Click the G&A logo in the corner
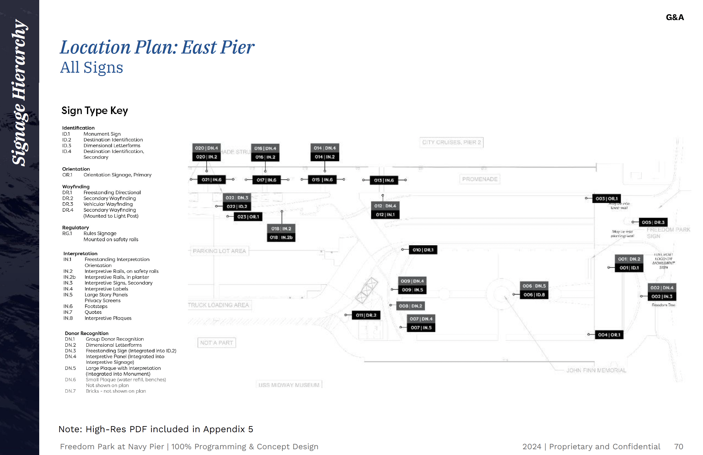coord(675,17)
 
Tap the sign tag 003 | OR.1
coord(606,199)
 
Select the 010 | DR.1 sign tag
coord(423,250)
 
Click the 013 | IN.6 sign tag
coord(384,180)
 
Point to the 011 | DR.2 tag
coord(366,315)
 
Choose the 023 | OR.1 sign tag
coord(248,217)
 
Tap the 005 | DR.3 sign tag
coord(653,222)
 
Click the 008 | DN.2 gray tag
coord(410,306)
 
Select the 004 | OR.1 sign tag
coord(609,335)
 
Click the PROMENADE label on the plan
coord(480,179)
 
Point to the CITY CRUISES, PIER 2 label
coord(451,142)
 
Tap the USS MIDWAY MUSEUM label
coord(289,385)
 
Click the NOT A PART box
coord(216,343)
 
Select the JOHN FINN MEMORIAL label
coord(596,370)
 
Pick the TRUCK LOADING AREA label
coord(219,305)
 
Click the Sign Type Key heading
coord(95,110)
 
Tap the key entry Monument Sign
coord(102,134)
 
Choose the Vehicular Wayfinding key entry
coord(108,204)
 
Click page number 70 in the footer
coord(678,446)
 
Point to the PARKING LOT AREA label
coord(219,251)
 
